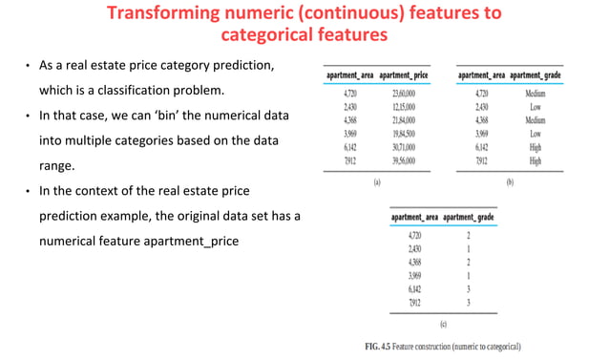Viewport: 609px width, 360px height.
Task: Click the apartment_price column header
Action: click(406, 74)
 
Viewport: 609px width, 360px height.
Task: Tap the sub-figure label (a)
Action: click(376, 180)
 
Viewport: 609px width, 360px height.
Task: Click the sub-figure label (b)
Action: click(510, 180)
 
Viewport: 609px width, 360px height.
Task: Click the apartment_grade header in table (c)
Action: click(469, 218)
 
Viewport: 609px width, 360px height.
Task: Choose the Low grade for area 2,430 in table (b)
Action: click(535, 108)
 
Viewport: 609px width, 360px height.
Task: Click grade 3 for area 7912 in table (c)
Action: click(469, 303)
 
